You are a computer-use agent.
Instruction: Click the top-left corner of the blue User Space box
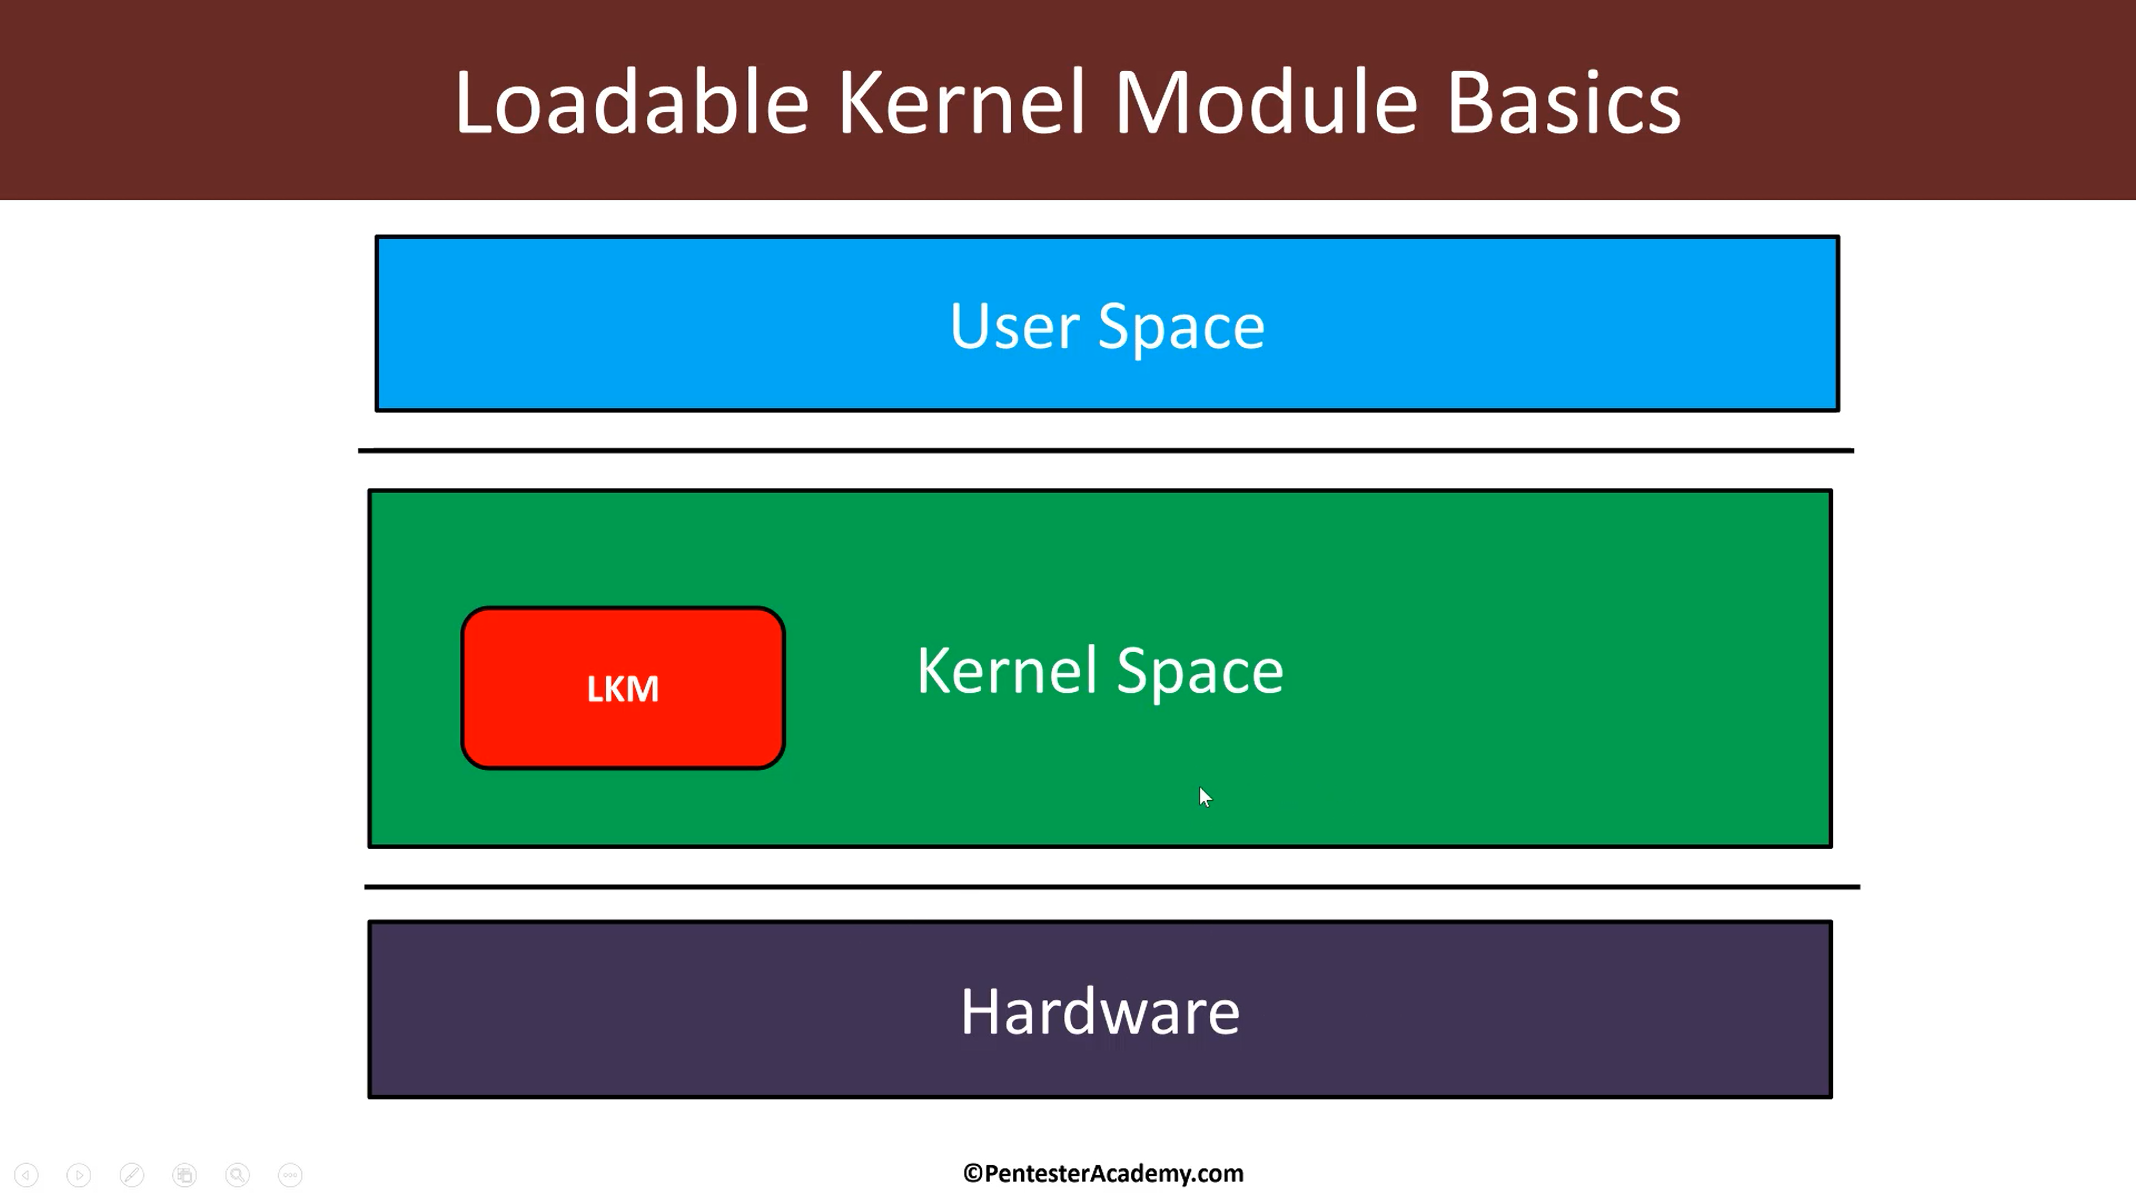click(377, 237)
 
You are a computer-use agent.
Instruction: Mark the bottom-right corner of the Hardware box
click(1832, 1097)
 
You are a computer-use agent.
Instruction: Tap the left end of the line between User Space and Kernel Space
click(358, 450)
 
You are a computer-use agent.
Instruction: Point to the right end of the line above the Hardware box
click(1860, 887)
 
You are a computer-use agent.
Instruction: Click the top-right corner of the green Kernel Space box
click(1832, 491)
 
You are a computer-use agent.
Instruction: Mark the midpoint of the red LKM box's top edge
click(623, 608)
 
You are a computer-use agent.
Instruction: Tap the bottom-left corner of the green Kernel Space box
click(369, 847)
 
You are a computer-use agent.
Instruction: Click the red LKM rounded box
click(623, 688)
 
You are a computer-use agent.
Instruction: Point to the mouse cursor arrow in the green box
click(1205, 797)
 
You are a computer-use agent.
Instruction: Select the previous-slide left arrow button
click(27, 1175)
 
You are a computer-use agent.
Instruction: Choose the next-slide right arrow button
click(79, 1175)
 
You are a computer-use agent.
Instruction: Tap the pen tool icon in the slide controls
click(132, 1175)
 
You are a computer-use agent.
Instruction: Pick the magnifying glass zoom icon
click(237, 1175)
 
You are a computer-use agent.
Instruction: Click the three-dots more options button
click(290, 1175)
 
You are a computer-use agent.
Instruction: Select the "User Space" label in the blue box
click(1107, 327)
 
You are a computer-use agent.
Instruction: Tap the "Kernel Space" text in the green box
click(1100, 671)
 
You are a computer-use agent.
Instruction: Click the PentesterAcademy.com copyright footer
click(1104, 1173)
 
